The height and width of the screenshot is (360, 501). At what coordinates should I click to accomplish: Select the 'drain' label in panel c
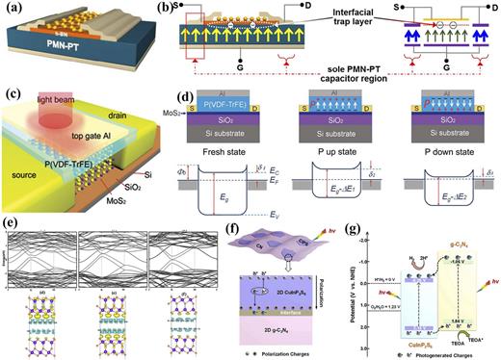(x=139, y=102)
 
